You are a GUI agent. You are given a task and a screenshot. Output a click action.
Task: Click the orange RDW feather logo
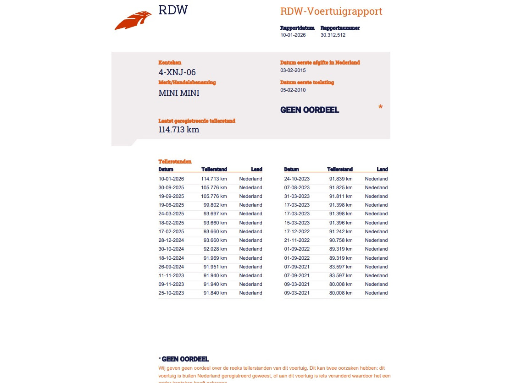click(x=133, y=21)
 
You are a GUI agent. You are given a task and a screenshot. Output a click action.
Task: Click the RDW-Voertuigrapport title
click(x=331, y=11)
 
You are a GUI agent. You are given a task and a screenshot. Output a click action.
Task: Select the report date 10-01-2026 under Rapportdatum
click(x=293, y=35)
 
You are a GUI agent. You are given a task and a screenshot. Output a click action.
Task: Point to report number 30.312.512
click(x=333, y=35)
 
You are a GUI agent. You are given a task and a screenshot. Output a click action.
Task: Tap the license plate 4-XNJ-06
click(x=177, y=72)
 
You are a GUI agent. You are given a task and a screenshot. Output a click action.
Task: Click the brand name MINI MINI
click(x=179, y=93)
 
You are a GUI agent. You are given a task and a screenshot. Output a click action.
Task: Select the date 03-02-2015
click(x=293, y=70)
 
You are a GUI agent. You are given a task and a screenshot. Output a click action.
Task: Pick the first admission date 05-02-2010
click(x=293, y=90)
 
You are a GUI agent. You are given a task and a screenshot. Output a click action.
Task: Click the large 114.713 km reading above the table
click(x=179, y=129)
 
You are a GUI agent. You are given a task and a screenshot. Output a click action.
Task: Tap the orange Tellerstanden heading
click(x=175, y=162)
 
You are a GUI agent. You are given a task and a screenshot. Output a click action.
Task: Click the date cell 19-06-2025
click(x=171, y=205)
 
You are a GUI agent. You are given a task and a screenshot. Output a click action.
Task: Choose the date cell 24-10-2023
click(x=297, y=179)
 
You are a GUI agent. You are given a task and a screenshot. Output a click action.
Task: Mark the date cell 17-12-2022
click(x=297, y=231)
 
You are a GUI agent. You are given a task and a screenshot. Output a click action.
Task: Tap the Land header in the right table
click(x=382, y=170)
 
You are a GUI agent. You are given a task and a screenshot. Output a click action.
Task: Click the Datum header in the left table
click(x=166, y=170)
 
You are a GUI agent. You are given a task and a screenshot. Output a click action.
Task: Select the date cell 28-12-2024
click(x=171, y=240)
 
